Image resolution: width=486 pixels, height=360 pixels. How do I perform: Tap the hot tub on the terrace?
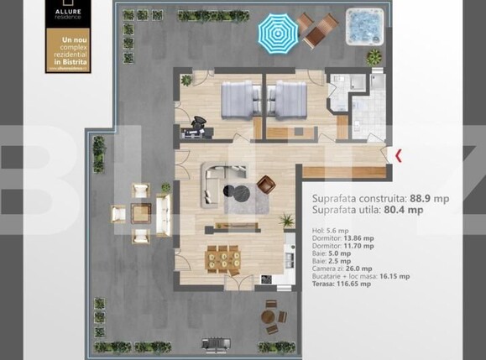click(x=363, y=24)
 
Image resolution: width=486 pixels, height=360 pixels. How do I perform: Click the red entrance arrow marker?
click(x=398, y=154)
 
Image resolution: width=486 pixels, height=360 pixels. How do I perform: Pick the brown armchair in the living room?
click(x=266, y=184)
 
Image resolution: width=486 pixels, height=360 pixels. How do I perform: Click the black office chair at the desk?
click(x=199, y=123)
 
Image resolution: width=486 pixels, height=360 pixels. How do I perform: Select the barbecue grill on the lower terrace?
click(x=212, y=345)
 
